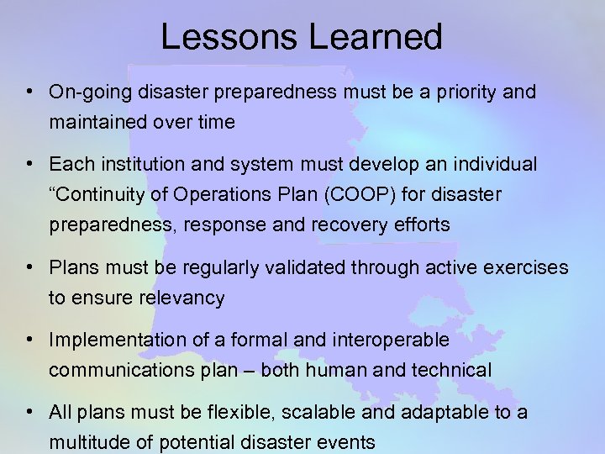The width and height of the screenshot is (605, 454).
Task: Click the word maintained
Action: (97, 122)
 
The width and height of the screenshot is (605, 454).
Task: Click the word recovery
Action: (321, 224)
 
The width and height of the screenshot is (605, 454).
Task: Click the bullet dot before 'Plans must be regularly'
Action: (29, 267)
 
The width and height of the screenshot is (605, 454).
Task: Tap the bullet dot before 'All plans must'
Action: (29, 413)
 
